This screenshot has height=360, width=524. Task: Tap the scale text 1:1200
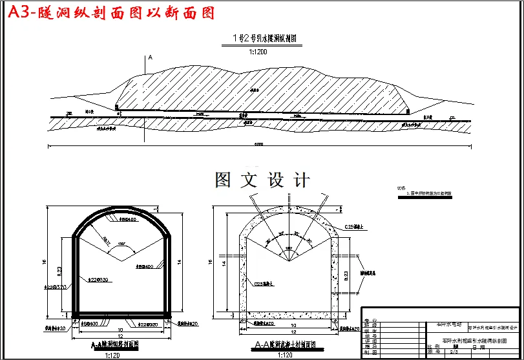pyautogui.click(x=258, y=51)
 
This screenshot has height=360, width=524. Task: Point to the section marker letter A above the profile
pyautogui.click(x=151, y=58)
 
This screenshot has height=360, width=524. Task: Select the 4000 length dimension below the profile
pyautogui.click(x=258, y=144)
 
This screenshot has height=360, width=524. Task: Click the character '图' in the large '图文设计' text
pyautogui.click(x=223, y=180)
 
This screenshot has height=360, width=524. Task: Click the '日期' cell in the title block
pyautogui.click(x=479, y=347)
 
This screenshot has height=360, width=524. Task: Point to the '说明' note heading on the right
pyautogui.click(x=401, y=189)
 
